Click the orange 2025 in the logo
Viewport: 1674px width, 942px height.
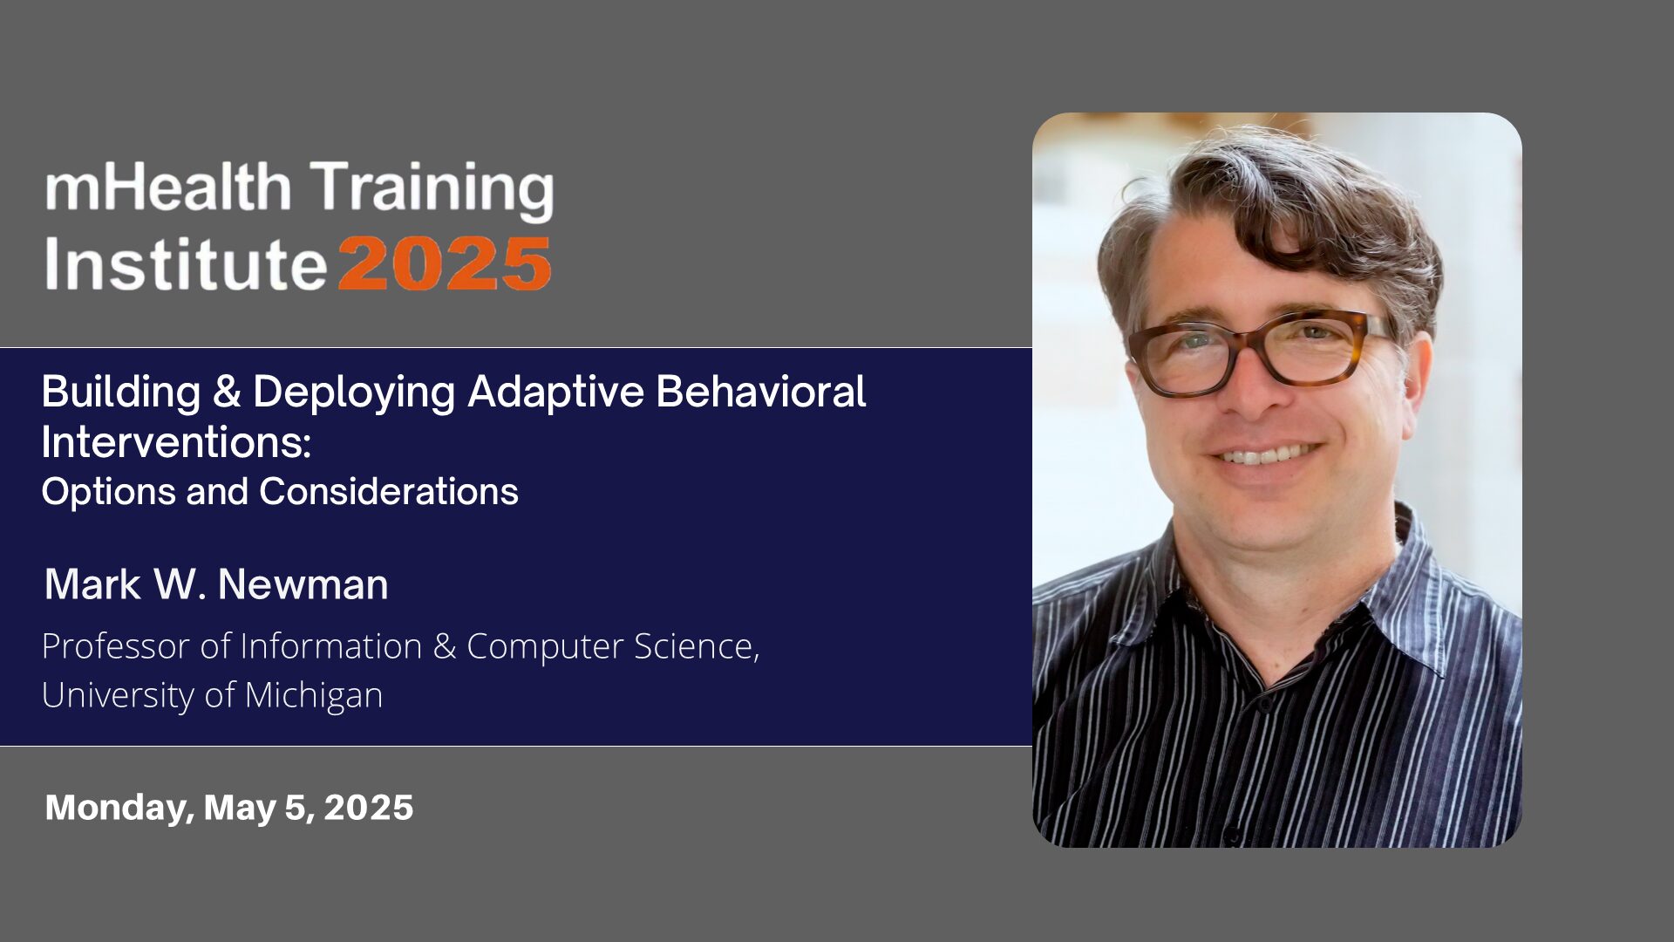pos(445,264)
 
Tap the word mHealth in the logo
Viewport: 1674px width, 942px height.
pos(167,187)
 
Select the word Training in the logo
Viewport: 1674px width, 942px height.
pos(433,191)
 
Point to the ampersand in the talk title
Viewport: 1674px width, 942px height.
pos(227,392)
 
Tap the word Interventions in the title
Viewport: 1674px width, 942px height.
pos(176,442)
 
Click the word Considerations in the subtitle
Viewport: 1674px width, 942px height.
pos(389,491)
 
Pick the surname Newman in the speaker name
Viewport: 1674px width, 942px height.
pos(303,584)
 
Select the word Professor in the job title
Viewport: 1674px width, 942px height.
pos(115,646)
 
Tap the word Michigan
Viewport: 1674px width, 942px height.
pos(314,696)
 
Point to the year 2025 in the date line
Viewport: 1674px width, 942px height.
pos(368,808)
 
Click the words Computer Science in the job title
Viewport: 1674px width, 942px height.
pos(613,646)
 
